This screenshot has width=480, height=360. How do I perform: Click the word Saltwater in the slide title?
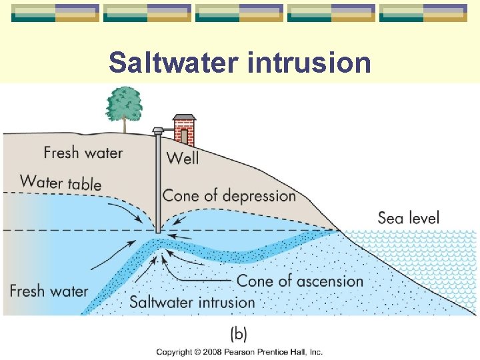174,63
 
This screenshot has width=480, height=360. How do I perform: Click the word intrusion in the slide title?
309,63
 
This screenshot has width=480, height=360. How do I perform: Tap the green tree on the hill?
123,103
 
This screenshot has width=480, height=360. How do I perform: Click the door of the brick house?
184,136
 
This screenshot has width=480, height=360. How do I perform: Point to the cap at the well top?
158,130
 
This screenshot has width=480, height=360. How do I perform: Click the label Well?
182,158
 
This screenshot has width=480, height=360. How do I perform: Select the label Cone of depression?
229,196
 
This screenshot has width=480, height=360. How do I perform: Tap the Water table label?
61,181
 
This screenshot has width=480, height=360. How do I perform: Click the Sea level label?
408,217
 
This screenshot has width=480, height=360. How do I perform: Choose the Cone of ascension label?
299,281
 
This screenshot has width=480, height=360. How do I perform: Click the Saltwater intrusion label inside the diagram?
192,302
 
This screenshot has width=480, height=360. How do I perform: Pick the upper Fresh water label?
83,153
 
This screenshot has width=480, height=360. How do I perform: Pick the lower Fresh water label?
49,291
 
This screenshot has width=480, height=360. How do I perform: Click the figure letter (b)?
238,333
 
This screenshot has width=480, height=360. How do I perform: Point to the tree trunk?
124,125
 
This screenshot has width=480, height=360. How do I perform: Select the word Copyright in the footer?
175,352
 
